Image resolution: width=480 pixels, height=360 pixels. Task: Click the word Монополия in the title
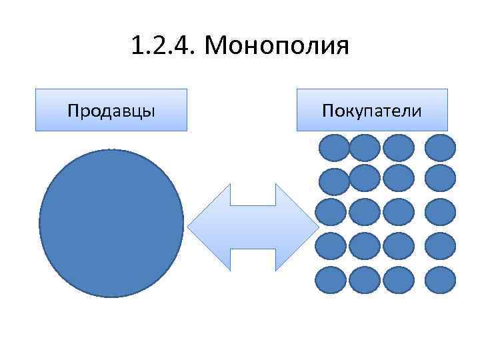coord(278,47)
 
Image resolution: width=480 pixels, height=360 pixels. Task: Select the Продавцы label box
coord(111,109)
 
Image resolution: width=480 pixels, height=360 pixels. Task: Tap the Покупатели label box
coord(372,109)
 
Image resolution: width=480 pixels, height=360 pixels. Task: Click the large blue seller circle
coord(111,223)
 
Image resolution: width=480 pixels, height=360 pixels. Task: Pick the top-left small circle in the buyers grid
coord(333,148)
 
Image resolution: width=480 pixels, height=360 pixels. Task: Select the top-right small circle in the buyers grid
coord(440,148)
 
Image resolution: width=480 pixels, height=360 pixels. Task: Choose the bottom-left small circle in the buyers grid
coord(331,280)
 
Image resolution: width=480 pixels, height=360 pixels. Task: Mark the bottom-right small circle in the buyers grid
coord(440,280)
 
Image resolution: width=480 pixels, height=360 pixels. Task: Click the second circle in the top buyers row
coord(365,148)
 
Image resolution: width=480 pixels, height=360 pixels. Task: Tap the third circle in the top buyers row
coord(399,148)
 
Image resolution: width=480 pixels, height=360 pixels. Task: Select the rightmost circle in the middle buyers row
coord(440,211)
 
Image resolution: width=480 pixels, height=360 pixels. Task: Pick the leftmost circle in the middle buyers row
coord(331,211)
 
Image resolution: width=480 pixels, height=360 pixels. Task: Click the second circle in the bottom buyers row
coord(365,280)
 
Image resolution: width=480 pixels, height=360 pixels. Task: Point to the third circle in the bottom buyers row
coord(399,280)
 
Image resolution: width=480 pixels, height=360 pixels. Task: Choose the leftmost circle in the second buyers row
coord(333,181)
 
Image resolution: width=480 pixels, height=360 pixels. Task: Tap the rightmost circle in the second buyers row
coord(440,178)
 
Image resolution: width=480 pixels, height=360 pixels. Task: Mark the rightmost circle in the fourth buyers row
coord(440,245)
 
